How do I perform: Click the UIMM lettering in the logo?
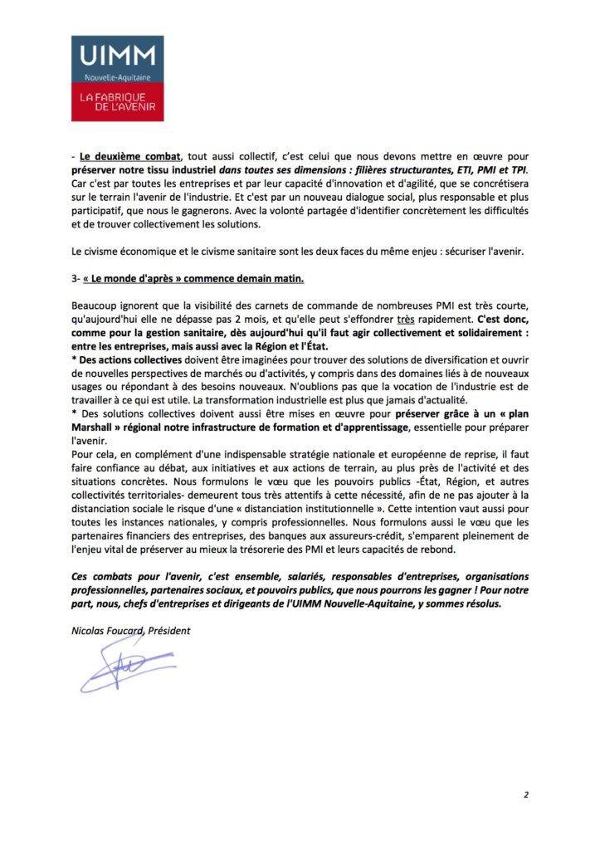117,56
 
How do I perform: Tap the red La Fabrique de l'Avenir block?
117,103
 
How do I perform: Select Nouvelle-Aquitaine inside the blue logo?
117,77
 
